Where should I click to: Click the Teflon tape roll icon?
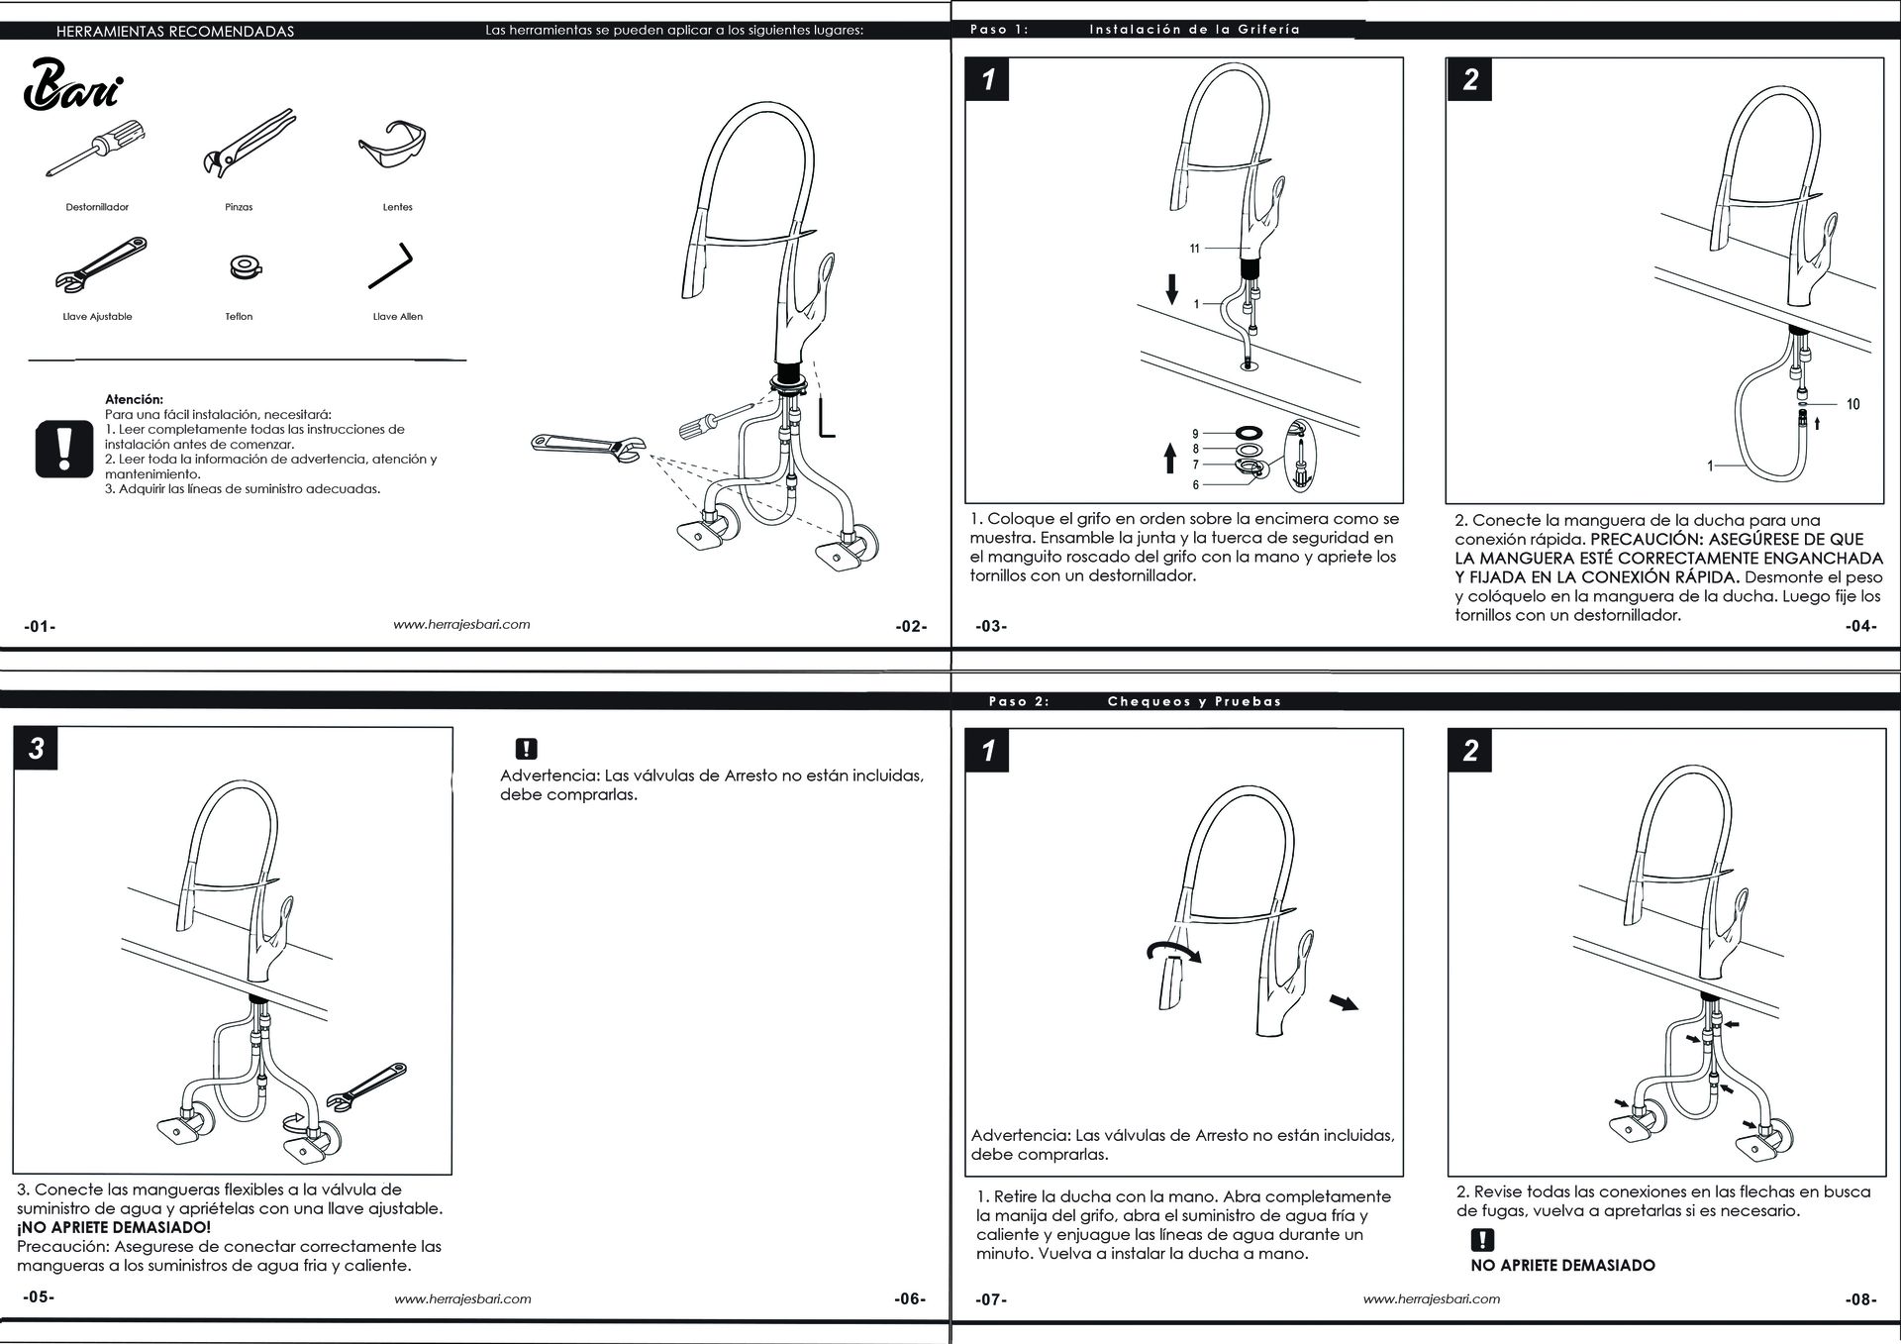pyautogui.click(x=240, y=266)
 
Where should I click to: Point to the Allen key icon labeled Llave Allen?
pyautogui.click(x=390, y=265)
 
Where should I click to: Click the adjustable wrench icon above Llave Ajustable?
pyautogui.click(x=102, y=266)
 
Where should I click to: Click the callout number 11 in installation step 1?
pyautogui.click(x=1194, y=249)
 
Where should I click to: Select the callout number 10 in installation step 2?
pyautogui.click(x=1852, y=404)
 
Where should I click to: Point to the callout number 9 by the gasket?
pyautogui.click(x=1195, y=434)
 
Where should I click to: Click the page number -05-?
pyautogui.click(x=39, y=1297)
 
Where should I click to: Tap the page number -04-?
pyautogui.click(x=1861, y=626)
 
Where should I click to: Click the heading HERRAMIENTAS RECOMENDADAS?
pyautogui.click(x=175, y=31)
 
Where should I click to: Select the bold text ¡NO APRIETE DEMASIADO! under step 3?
pyautogui.click(x=114, y=1228)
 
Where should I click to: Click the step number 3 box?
pyautogui.click(x=36, y=749)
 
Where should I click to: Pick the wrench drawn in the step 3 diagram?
pyautogui.click(x=370, y=1088)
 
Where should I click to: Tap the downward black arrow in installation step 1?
pyautogui.click(x=1172, y=288)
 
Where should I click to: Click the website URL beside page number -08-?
pyautogui.click(x=1431, y=1298)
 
